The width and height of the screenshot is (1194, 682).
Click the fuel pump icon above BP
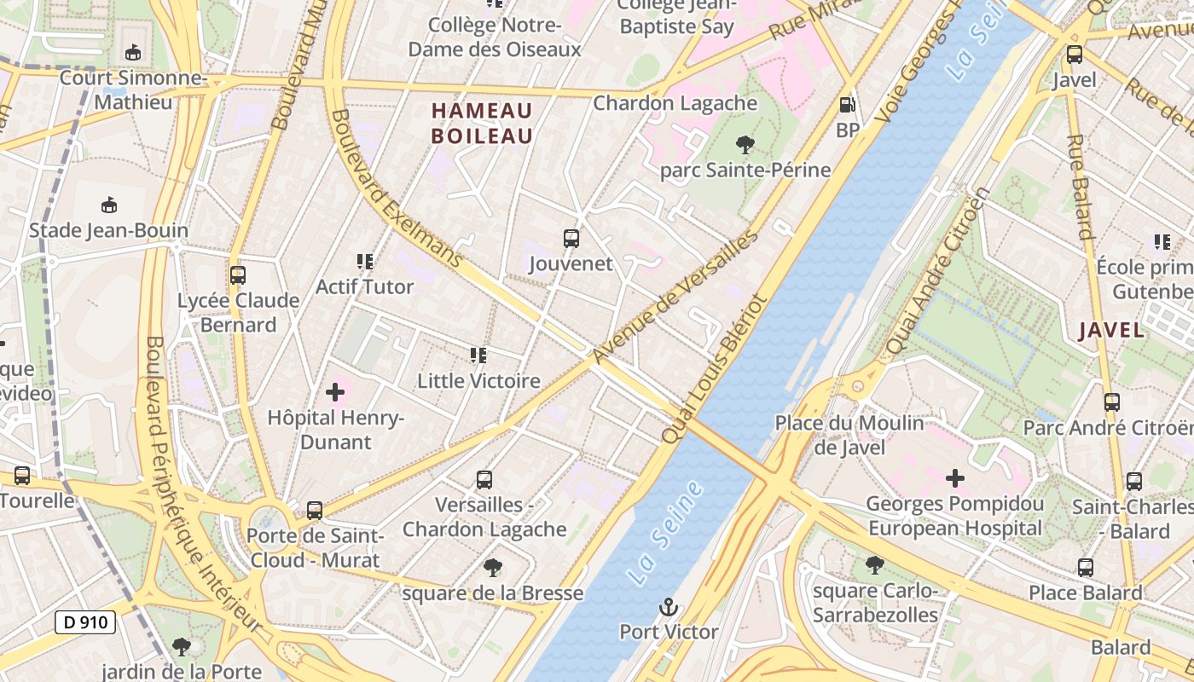[847, 105]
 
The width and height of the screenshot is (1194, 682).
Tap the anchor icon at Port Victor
[669, 608]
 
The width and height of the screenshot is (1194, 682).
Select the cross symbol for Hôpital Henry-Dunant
[335, 392]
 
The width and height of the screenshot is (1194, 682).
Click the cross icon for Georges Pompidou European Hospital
[955, 478]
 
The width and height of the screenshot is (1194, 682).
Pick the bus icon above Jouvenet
[571, 239]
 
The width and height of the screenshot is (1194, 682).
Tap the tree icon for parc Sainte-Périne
[745, 145]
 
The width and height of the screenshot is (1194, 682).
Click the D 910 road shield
[85, 622]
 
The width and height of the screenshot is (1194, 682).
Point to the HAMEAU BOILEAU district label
[482, 124]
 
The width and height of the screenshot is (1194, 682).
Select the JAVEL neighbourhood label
[1110, 331]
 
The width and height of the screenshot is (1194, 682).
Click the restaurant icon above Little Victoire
[478, 355]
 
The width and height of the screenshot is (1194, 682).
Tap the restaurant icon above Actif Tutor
[365, 262]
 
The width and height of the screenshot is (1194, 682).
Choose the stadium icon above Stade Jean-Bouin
[109, 205]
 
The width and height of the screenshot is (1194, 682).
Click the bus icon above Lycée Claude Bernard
[238, 275]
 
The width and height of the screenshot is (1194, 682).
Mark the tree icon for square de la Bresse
[493, 567]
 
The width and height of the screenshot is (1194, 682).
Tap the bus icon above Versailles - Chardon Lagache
[484, 479]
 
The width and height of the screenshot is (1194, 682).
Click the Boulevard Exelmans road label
[396, 188]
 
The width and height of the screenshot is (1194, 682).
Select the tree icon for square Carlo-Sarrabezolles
[874, 564]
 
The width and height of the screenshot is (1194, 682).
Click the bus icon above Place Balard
[1085, 567]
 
